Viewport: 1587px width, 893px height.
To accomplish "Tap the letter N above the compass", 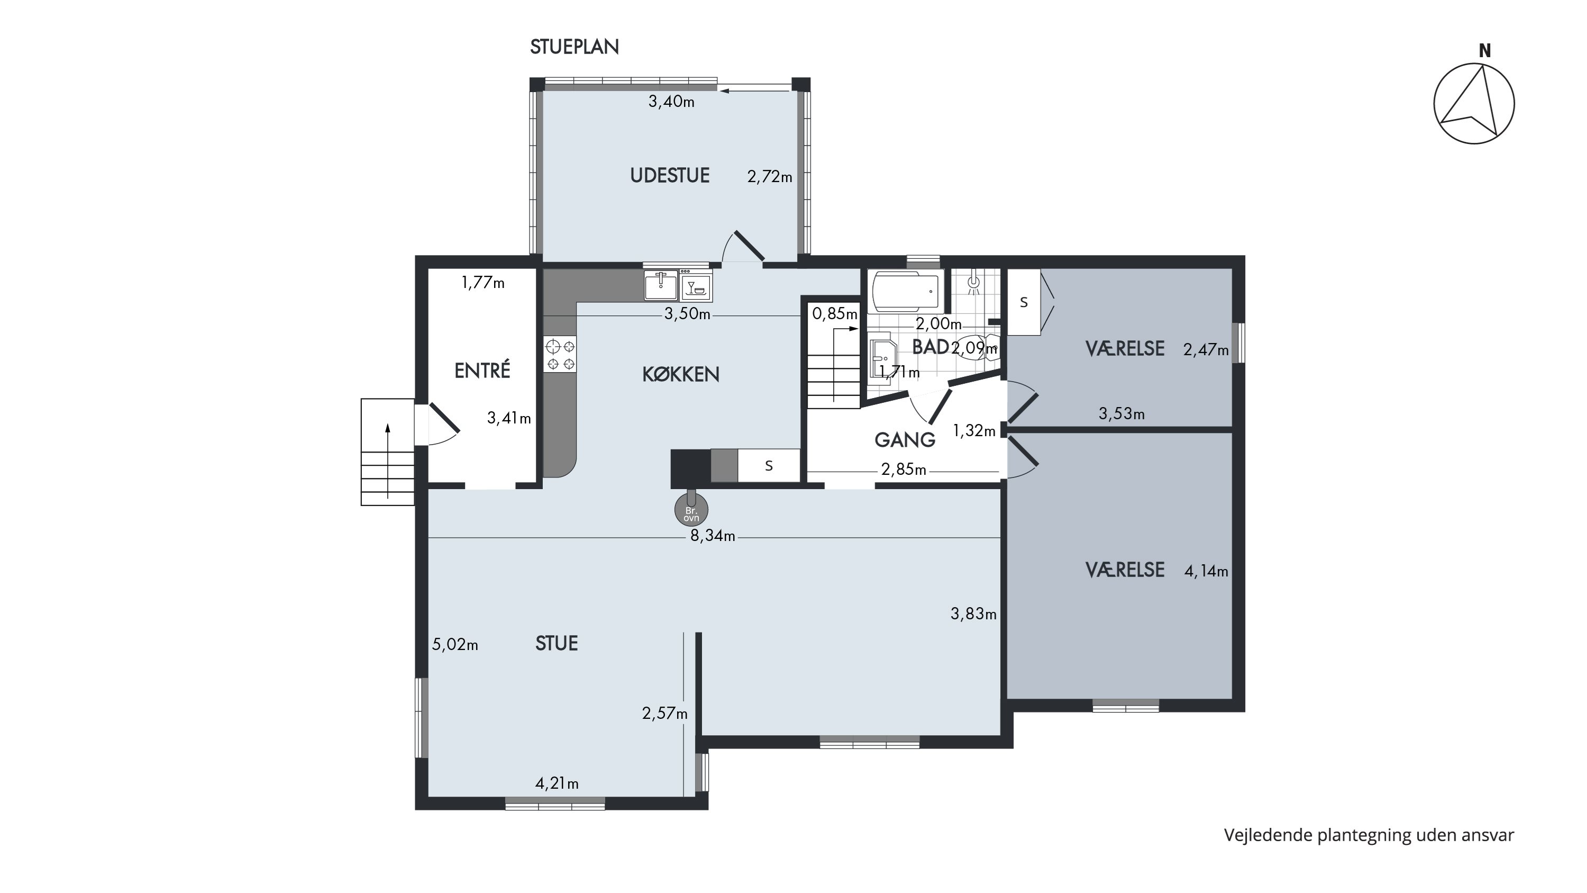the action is coord(1485,52).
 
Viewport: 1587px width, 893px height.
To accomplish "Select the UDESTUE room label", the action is coord(670,176).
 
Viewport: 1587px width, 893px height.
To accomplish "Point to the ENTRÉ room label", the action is coord(482,371).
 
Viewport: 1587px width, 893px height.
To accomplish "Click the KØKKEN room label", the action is coord(681,374).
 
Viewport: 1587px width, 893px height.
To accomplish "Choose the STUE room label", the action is coord(557,643).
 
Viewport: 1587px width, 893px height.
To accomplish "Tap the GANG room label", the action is coord(905,440).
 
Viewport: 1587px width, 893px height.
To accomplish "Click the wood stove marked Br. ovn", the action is coord(691,509).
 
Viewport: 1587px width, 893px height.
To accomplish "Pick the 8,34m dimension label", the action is coord(713,536).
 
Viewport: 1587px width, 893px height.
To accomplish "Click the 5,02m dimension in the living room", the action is coord(455,645).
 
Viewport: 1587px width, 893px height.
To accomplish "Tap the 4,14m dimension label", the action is coord(1206,571).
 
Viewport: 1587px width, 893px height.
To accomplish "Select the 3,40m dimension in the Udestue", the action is coord(671,102).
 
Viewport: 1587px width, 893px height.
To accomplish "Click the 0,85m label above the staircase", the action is coord(835,314).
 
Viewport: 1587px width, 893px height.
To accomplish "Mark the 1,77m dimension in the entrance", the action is coord(483,283).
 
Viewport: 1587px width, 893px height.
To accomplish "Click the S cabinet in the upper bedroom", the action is coord(1024,302).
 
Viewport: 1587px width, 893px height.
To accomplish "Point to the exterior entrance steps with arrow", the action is coord(388,453).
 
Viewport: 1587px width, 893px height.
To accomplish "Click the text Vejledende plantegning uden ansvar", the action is coord(1369,836).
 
